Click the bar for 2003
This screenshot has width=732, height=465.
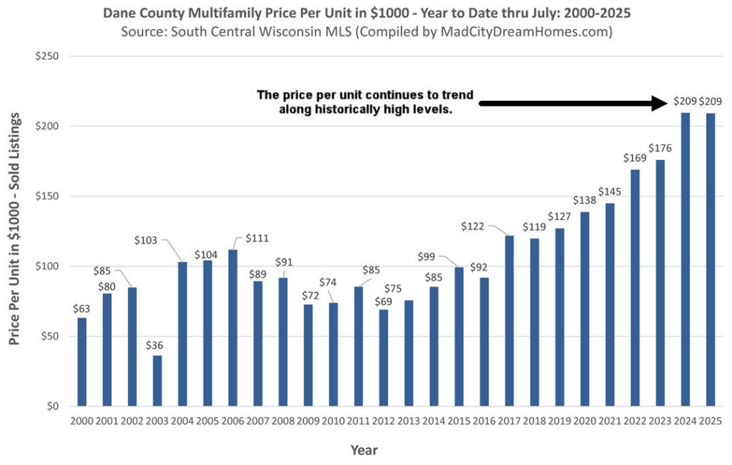[x=157, y=381]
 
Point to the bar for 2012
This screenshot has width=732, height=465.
[x=383, y=358]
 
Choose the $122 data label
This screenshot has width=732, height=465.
[x=473, y=226]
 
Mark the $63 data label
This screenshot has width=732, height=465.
[x=81, y=309]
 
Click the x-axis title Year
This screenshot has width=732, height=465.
[x=364, y=450]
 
